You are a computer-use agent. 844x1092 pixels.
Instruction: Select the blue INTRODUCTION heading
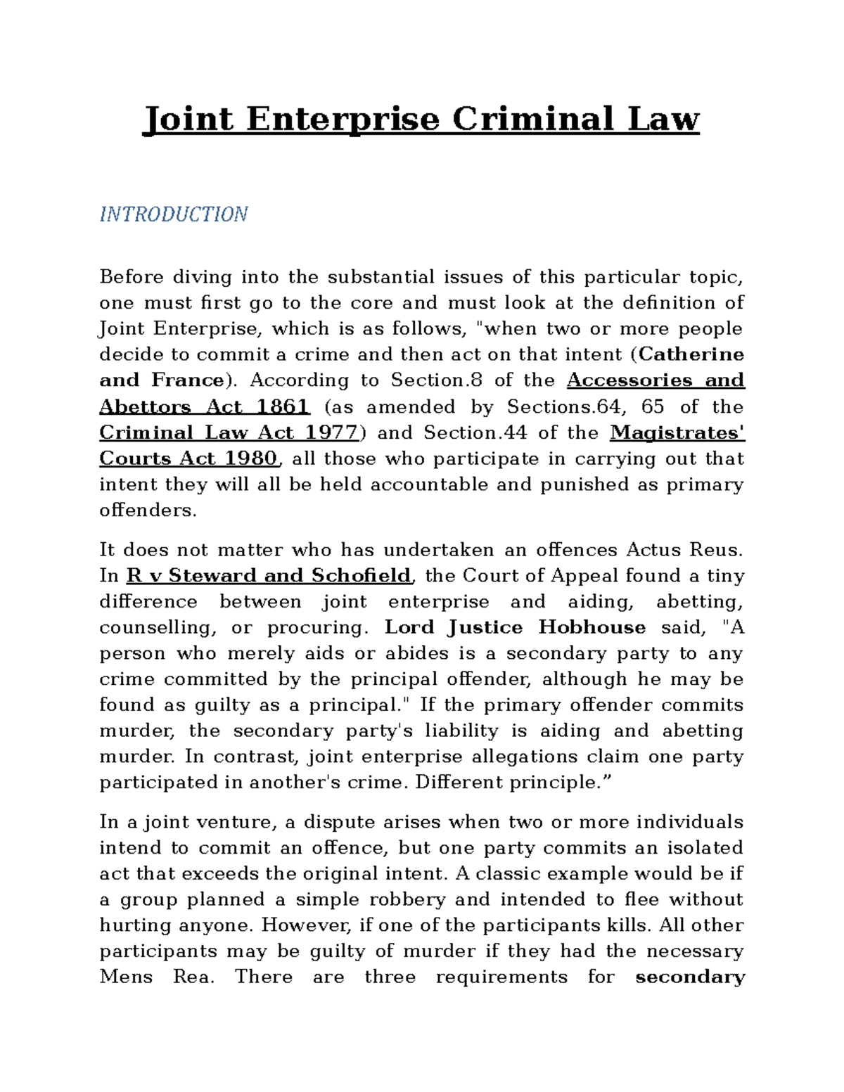(x=173, y=214)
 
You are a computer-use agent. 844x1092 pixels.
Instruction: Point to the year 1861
(x=283, y=406)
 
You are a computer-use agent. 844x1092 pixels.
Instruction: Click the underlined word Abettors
(x=145, y=406)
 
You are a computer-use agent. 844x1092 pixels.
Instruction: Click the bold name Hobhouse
(x=592, y=627)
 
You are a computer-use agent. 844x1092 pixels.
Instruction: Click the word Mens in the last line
(x=126, y=977)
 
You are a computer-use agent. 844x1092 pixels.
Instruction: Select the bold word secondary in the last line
(x=689, y=977)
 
